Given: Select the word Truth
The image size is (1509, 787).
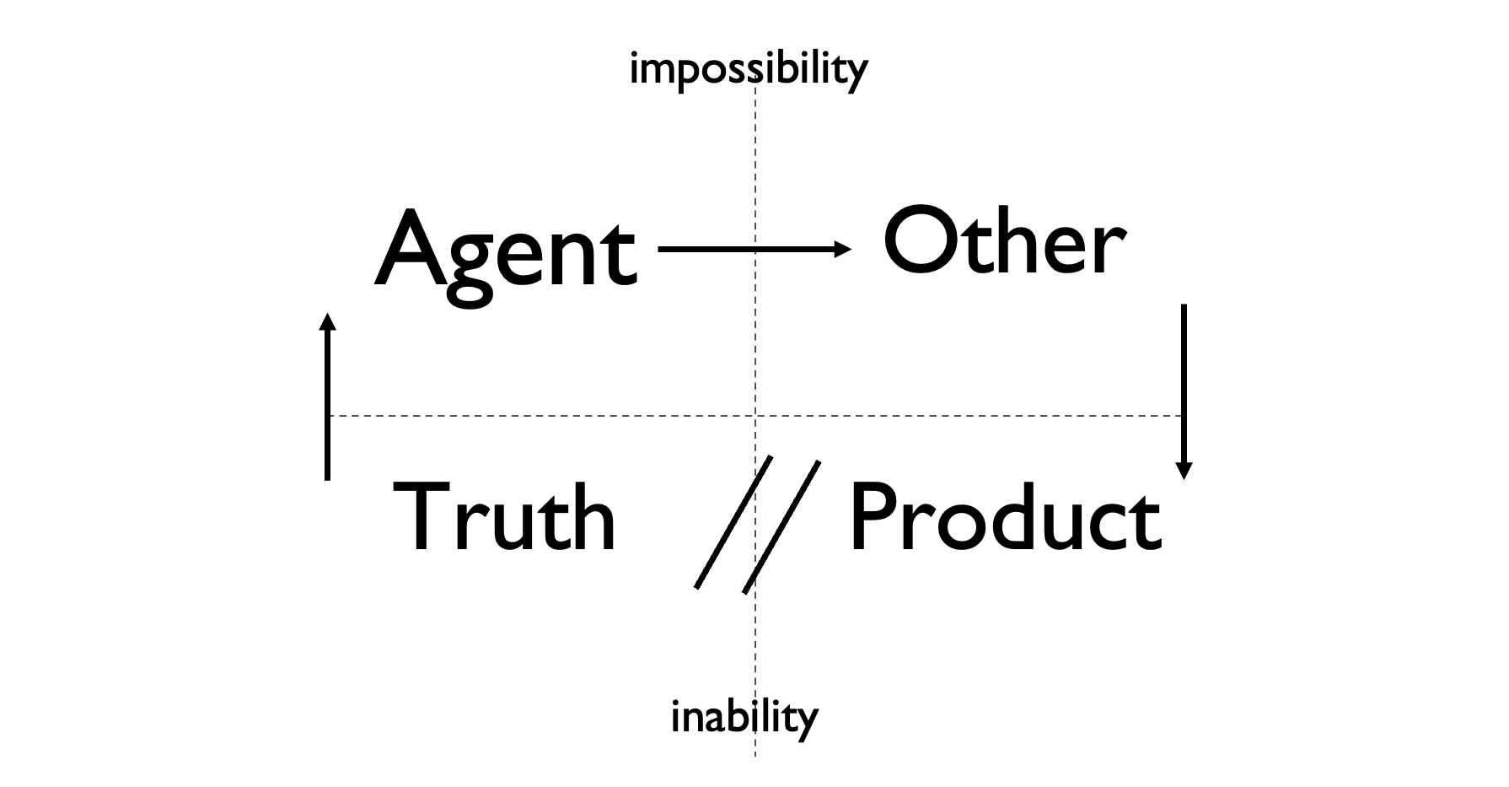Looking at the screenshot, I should point(504,516).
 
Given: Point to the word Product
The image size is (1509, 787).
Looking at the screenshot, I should point(1005,516).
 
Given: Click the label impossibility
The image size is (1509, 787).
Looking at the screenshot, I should point(748,69).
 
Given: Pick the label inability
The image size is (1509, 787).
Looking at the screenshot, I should point(744,718).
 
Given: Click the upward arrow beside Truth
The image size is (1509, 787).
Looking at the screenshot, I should point(327,396).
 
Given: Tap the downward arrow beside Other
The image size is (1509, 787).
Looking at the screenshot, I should point(1184,388).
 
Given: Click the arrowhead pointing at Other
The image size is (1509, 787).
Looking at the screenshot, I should point(843,249).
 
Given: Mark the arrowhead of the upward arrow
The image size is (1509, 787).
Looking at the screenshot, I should point(327,321).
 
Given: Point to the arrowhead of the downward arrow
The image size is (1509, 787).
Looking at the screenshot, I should point(1184,471).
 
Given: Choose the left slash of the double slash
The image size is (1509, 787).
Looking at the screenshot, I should point(733,523).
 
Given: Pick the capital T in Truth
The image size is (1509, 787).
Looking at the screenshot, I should point(423,516).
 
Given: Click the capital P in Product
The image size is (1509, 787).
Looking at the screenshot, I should point(873,516).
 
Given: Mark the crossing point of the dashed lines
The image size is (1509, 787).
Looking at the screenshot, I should point(755,416).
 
